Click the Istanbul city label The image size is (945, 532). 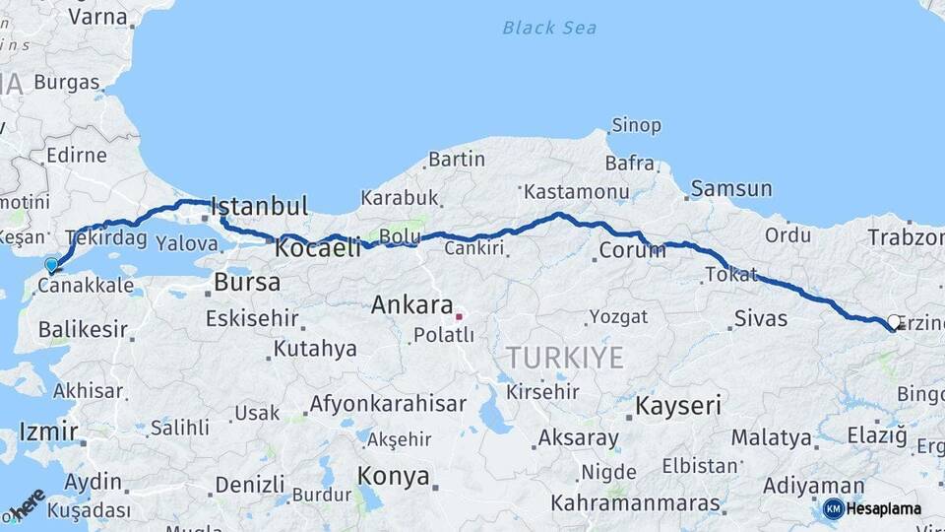coord(260,207)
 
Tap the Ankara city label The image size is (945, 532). coord(411,305)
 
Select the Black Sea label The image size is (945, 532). coord(549,28)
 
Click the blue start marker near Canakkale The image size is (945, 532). coord(51,264)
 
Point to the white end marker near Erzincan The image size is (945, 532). coord(894,322)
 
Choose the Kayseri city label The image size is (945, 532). coord(678,405)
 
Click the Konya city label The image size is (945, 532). coord(393,477)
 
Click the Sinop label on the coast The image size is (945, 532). coord(636,125)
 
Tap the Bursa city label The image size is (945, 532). coord(247,283)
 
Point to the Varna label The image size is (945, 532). coord(98,17)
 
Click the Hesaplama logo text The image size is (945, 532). coord(883,509)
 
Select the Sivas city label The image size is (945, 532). coord(761,318)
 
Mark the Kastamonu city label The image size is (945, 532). coord(576,190)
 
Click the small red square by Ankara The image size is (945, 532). coord(458,317)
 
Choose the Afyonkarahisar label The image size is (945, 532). coord(388,404)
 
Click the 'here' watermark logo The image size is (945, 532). coord(28,503)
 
